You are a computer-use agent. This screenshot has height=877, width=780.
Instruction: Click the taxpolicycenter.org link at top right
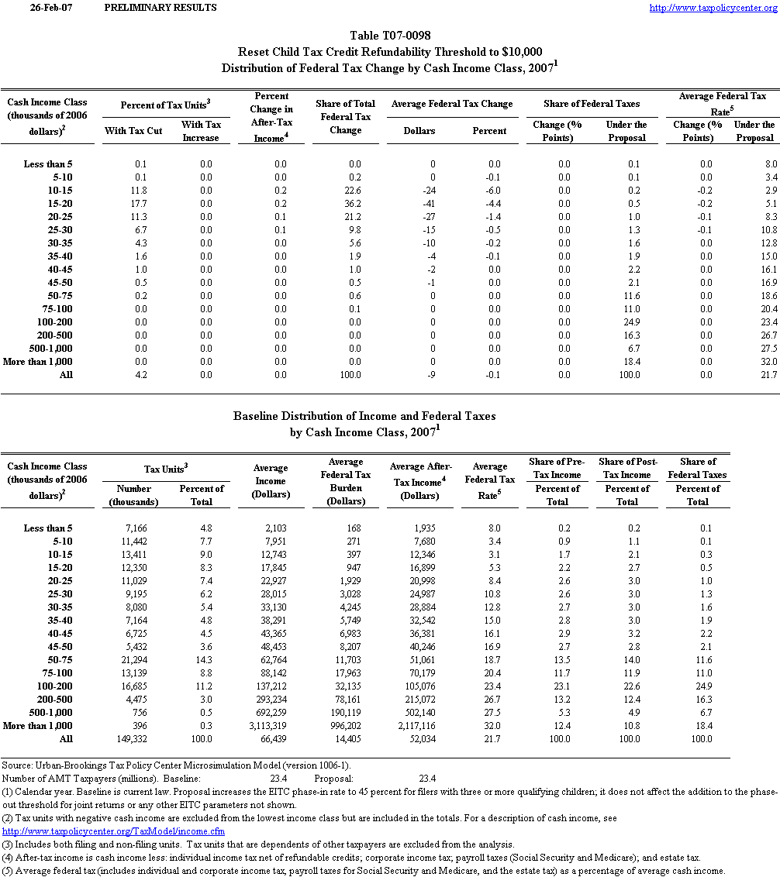click(x=712, y=8)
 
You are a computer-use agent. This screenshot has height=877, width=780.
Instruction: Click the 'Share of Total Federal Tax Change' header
click(x=345, y=117)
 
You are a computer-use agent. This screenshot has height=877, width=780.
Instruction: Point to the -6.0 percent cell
click(x=490, y=191)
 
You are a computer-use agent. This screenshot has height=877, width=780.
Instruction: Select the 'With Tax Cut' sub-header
click(x=133, y=131)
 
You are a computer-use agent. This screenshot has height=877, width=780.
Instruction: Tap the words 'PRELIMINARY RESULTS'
click(x=159, y=8)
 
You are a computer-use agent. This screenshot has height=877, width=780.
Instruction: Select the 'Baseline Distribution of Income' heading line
click(x=364, y=417)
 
